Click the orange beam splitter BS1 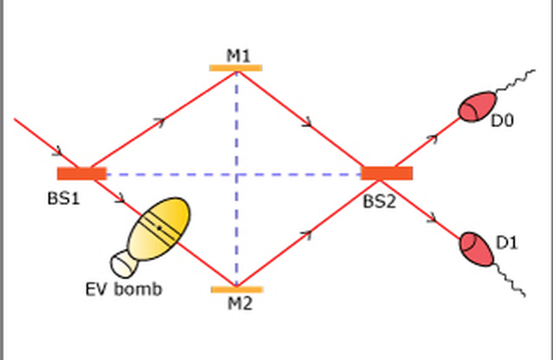[x=82, y=174]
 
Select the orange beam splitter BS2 [x=386, y=174]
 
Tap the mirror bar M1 [x=236, y=68]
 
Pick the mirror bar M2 [x=237, y=289]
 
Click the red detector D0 [x=477, y=107]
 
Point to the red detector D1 [x=476, y=250]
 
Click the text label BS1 [x=64, y=198]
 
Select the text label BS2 [x=380, y=202]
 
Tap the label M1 [x=238, y=56]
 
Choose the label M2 [x=240, y=304]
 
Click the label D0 [x=502, y=121]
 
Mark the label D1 [x=507, y=243]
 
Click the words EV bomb [x=124, y=289]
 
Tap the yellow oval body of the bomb [x=159, y=229]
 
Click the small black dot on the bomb [x=159, y=228]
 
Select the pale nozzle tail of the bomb [x=123, y=264]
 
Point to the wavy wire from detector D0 [x=515, y=80]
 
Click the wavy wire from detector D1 [x=509, y=279]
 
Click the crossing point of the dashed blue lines [x=236, y=174]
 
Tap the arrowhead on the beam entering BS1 [x=58, y=152]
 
